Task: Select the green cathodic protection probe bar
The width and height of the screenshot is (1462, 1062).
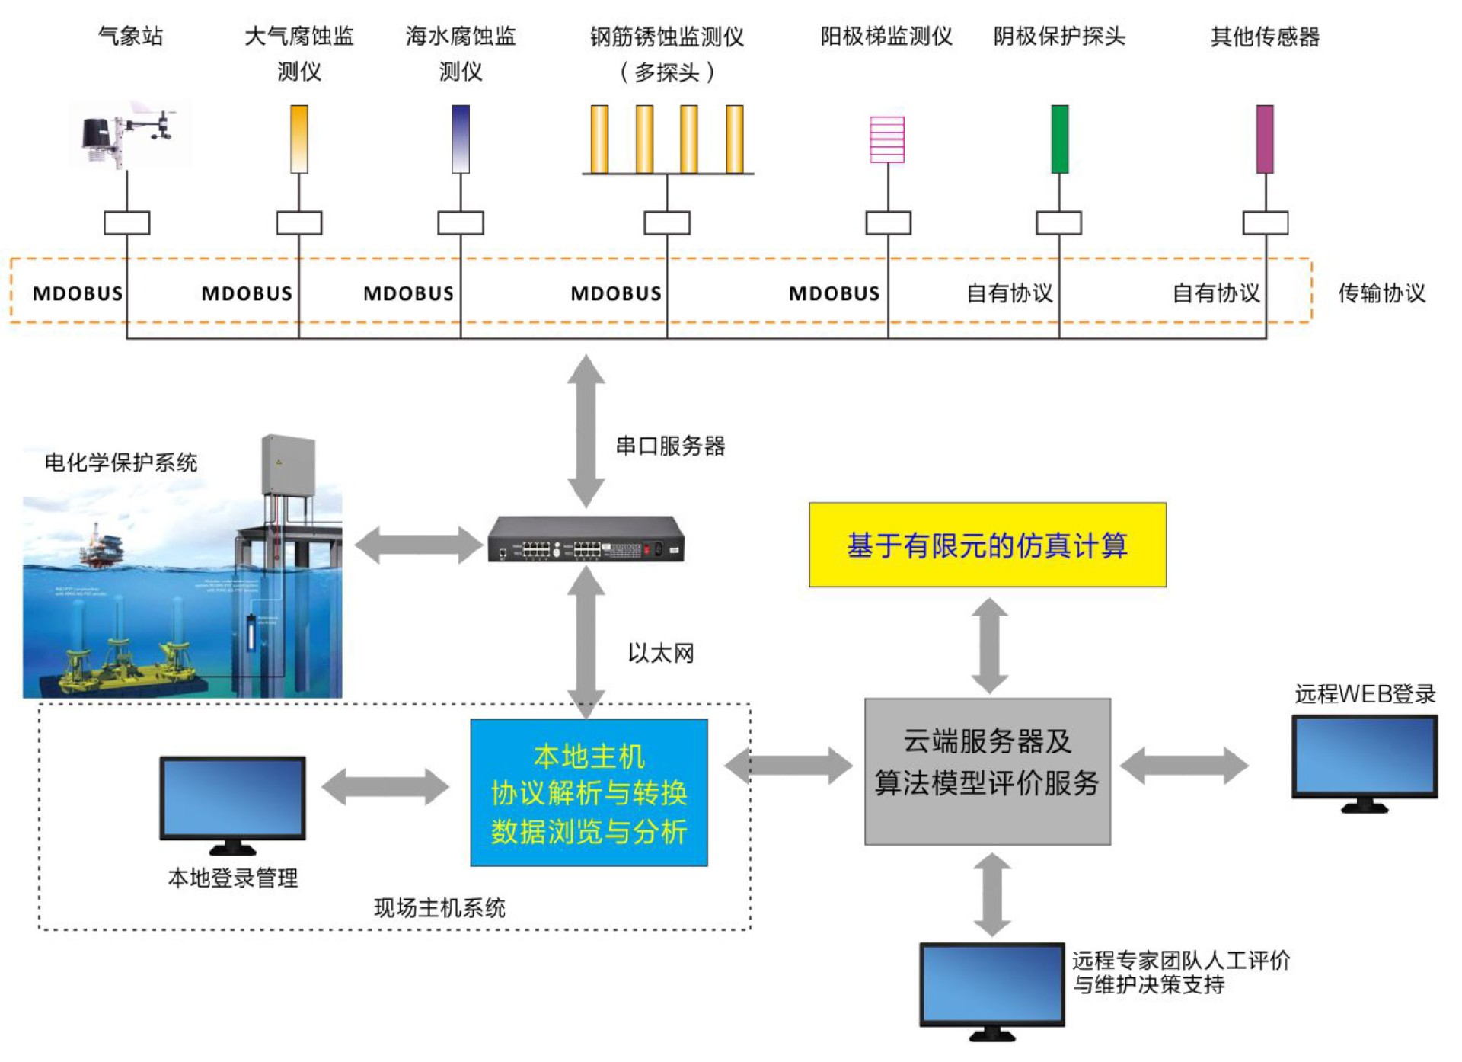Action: [1059, 139]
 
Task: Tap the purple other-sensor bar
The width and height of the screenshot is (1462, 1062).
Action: [1265, 139]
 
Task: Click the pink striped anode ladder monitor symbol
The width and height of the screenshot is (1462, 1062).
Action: [887, 139]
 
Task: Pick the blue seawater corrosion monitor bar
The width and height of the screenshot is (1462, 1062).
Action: [461, 139]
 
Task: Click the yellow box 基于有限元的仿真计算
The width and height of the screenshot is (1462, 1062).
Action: [987, 545]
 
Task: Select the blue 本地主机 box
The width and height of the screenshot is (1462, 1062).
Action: [589, 792]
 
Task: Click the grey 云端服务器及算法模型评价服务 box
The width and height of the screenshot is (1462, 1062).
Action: [987, 771]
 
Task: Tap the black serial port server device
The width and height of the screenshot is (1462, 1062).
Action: [586, 539]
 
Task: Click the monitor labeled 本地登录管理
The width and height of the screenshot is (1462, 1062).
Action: [232, 800]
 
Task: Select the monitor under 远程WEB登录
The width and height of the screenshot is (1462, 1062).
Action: [1364, 758]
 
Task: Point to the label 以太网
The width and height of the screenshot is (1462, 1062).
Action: [660, 653]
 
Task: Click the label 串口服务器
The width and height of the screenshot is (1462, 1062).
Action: [670, 446]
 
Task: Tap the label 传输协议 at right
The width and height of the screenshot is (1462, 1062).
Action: [1381, 293]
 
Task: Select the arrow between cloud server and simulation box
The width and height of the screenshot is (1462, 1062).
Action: [989, 645]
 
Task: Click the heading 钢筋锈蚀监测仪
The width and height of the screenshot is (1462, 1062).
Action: [667, 37]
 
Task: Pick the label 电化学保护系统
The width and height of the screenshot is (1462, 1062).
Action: [121, 462]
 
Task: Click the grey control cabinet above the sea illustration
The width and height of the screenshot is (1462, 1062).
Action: [288, 465]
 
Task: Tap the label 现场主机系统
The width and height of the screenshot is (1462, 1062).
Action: [439, 907]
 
